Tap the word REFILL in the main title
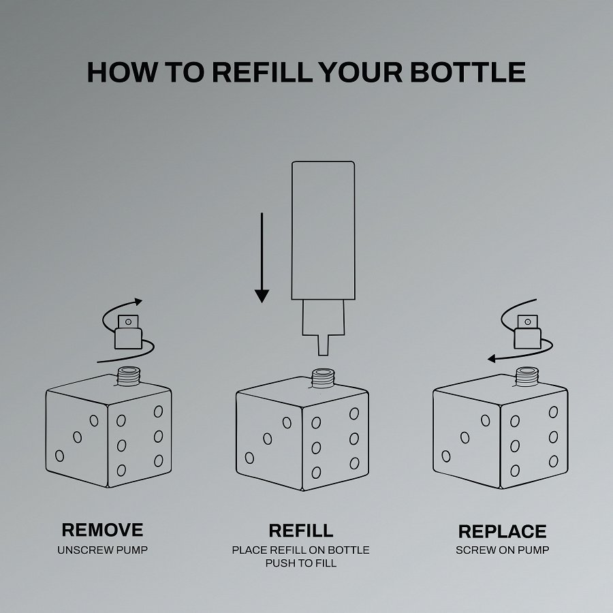[x=263, y=72]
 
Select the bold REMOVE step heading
[x=102, y=530]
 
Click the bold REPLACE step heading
[x=503, y=531]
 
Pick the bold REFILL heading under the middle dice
[x=301, y=531]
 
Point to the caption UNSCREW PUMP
[x=102, y=550]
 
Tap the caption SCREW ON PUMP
[x=503, y=550]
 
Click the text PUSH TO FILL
[x=301, y=563]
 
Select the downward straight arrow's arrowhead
[x=262, y=296]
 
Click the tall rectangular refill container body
[x=324, y=230]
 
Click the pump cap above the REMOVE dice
[x=128, y=332]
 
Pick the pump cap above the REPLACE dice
[x=528, y=332]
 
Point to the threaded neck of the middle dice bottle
[x=323, y=378]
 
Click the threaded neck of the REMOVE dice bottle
[x=129, y=376]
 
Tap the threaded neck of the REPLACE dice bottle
[x=527, y=376]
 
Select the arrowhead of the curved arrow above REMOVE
[x=138, y=302]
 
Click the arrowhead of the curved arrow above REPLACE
[x=492, y=358]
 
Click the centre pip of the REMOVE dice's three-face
[x=78, y=437]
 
